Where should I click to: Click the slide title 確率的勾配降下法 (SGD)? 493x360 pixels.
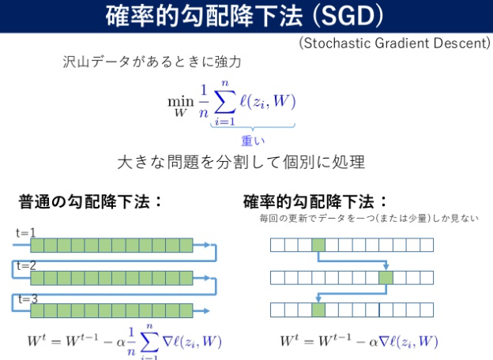pos(246,16)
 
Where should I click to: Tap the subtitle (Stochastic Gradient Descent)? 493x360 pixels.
pos(394,43)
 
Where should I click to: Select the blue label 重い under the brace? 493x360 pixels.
pos(252,140)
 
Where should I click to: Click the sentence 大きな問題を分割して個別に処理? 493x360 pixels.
pos(240,163)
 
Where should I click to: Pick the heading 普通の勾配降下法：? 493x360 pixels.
pos(91,201)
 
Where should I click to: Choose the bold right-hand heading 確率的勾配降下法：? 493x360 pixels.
pos(316,201)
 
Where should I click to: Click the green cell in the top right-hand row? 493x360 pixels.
pos(318,245)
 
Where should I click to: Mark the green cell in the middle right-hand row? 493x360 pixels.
pos(386,277)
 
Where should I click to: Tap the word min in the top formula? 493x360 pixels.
pos(180,101)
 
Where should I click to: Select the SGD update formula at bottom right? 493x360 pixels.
pos(359,342)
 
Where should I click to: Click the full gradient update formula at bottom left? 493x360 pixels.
pos(124,343)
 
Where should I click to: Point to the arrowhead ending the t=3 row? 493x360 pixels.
pos(209,309)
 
